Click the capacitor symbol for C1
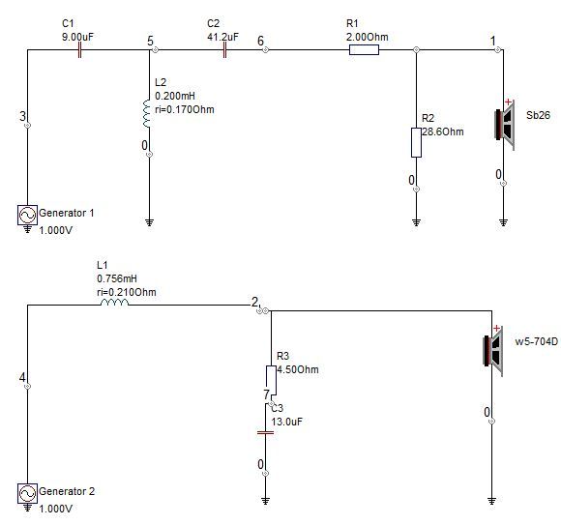(x=79, y=50)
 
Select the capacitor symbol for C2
(x=224, y=50)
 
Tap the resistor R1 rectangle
(x=364, y=50)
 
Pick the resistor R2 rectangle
(x=416, y=142)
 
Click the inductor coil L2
(x=147, y=113)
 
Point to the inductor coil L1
(x=114, y=303)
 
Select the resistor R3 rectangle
(x=271, y=379)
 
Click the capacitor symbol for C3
(x=265, y=432)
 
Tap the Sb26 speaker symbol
(x=505, y=125)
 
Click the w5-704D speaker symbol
(x=493, y=351)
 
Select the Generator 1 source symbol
(x=27, y=216)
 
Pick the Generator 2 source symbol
(x=27, y=493)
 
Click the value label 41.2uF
(x=222, y=37)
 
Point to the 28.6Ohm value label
(x=443, y=131)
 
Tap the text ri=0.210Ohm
(x=127, y=292)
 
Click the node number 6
(x=261, y=41)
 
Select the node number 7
(x=267, y=394)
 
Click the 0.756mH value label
(x=117, y=278)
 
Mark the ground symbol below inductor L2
(x=150, y=222)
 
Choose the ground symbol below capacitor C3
(x=265, y=501)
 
